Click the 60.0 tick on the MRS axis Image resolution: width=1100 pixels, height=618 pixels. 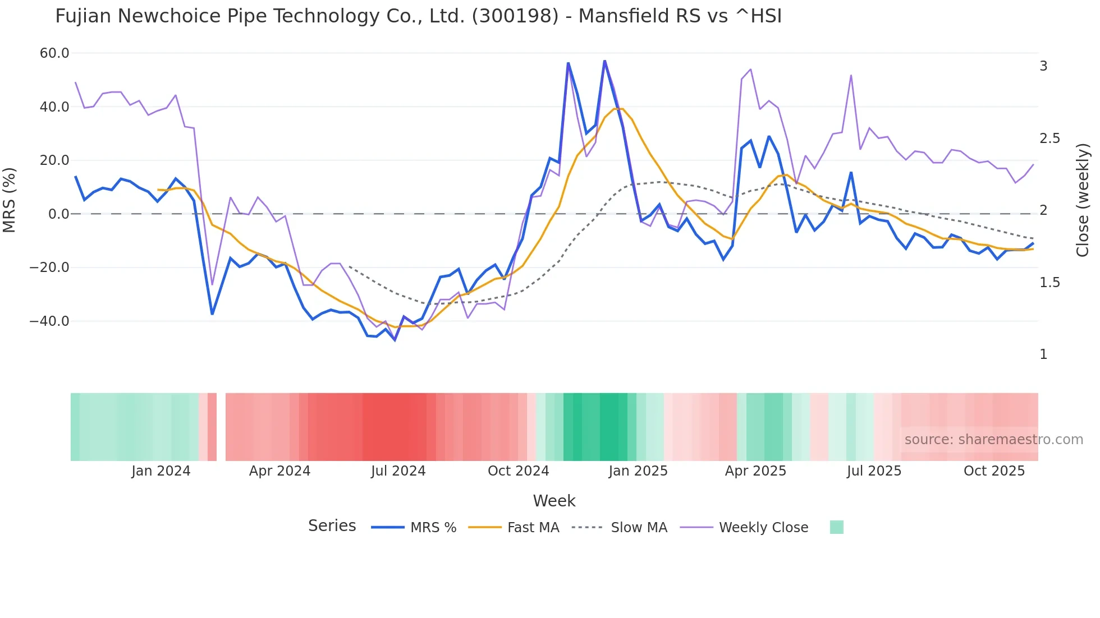coord(54,53)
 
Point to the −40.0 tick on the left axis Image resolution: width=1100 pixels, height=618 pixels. coord(49,321)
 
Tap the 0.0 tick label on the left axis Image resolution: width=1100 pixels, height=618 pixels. coord(58,214)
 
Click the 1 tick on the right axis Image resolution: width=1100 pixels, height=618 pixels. coord(1043,354)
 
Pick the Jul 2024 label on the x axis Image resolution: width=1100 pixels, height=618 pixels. coord(398,471)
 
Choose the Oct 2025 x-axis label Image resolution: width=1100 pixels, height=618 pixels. coord(994,471)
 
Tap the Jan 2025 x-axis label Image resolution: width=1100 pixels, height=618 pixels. coord(638,471)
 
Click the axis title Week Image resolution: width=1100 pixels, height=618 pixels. coord(554,501)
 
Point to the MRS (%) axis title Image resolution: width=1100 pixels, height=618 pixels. coord(10,200)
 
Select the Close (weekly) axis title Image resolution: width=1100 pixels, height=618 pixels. coord(1083,200)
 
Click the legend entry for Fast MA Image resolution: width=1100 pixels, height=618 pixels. coord(533,528)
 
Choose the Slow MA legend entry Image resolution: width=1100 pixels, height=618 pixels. coord(639,528)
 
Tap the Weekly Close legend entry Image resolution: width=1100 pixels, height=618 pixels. coord(763,528)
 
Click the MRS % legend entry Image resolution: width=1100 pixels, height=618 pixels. coord(433,528)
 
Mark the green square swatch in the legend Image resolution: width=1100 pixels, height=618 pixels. coord(836,527)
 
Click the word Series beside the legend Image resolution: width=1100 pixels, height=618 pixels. coord(332,526)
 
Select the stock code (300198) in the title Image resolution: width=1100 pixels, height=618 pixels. coord(515,16)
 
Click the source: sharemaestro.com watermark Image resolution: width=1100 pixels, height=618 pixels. coord(993,440)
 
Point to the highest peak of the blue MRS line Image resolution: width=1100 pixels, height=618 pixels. coord(604,61)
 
